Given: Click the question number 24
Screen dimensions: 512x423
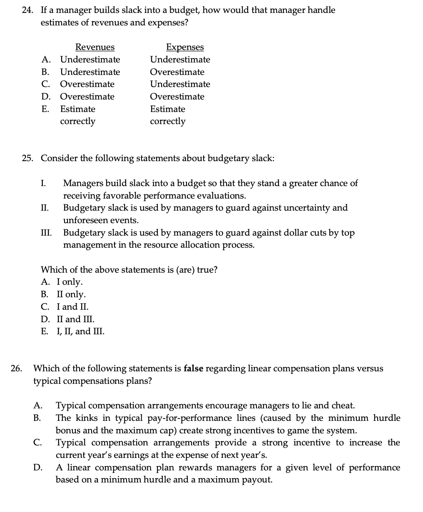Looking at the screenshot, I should point(27,10).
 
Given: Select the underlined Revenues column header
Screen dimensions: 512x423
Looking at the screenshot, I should point(95,47).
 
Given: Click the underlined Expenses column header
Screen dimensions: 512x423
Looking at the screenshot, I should point(185,47).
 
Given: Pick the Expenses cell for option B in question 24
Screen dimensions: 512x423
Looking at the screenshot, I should point(177,72).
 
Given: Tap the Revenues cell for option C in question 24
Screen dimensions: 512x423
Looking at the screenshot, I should point(87,84).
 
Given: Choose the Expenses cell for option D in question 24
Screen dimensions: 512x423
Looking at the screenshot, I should point(177,97).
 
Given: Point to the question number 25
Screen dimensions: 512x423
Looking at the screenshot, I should point(27,158).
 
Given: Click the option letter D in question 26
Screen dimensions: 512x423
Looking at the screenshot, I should point(37,467).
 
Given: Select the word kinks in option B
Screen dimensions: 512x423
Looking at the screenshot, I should point(83,418).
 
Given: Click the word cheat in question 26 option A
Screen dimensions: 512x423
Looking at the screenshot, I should point(343,405).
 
